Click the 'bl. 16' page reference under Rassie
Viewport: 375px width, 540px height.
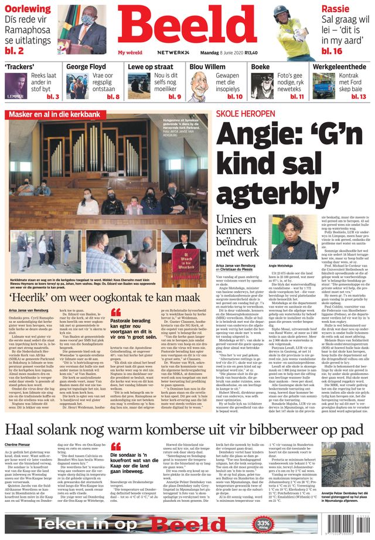[332, 51]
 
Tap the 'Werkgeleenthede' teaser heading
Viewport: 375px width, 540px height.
[339, 67]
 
